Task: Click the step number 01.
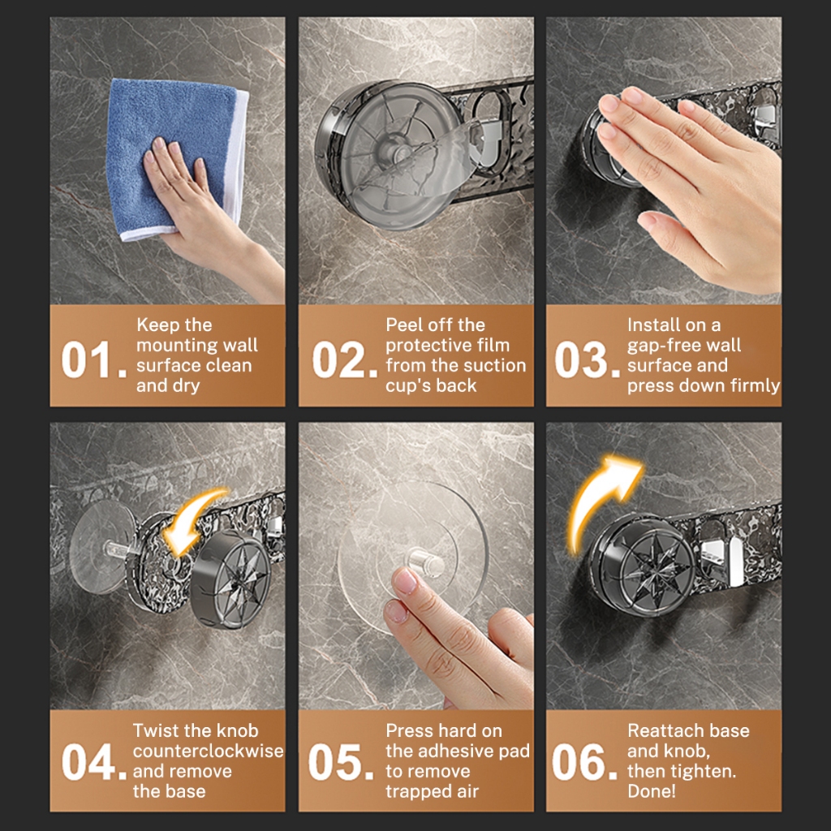tap(94, 360)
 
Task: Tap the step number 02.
tap(344, 360)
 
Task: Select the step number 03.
tap(588, 360)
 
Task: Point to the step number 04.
tap(94, 761)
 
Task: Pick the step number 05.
tap(341, 761)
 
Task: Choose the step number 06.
tap(584, 761)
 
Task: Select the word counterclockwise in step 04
tap(209, 751)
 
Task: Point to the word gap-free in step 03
tap(656, 346)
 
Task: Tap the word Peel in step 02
tap(403, 325)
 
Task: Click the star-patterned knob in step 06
tap(644, 565)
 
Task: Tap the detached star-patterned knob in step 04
tap(230, 579)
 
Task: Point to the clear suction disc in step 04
tap(101, 546)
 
